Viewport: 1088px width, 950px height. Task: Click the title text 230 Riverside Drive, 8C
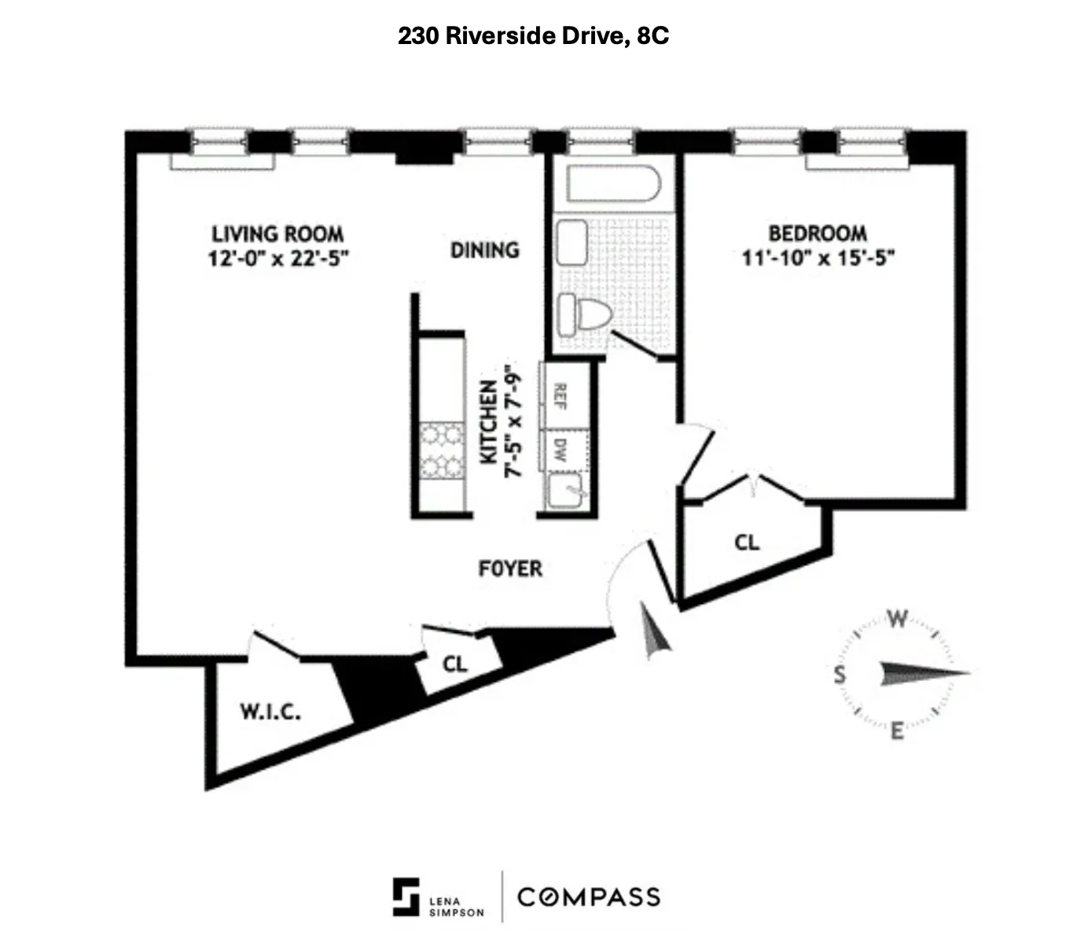533,36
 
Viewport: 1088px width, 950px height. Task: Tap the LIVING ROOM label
278,234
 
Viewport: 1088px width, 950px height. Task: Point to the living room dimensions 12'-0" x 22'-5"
278,259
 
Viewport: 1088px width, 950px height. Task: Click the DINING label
485,250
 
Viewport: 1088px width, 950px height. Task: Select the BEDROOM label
818,234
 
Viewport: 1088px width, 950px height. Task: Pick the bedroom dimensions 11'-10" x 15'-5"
818,258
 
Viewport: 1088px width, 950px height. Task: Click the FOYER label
510,569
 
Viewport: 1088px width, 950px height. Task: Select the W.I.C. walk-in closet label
269,712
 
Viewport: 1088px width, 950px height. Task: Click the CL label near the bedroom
747,543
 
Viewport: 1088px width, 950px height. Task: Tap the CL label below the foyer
454,665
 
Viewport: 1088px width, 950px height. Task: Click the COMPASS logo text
588,897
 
